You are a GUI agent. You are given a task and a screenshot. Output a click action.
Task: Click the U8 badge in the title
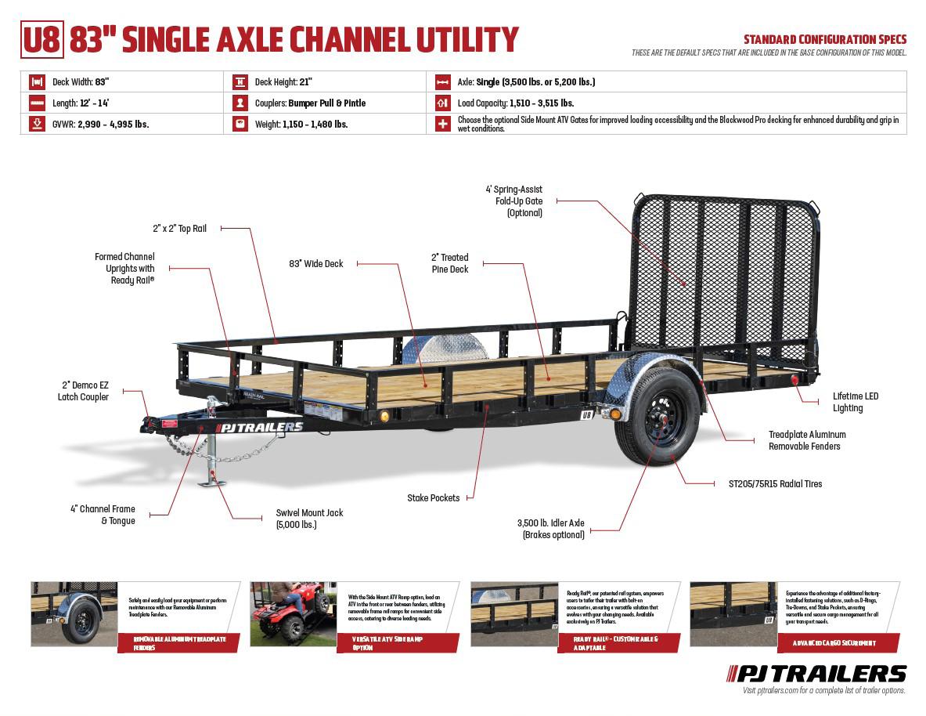coord(41,40)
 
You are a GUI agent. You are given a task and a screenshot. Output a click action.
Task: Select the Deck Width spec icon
coord(36,81)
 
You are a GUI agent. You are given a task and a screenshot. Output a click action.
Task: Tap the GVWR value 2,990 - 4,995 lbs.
coord(113,124)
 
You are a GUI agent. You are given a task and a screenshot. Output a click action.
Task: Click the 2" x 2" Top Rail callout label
coord(179,229)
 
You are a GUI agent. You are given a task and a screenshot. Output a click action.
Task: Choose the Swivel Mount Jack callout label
coord(309,519)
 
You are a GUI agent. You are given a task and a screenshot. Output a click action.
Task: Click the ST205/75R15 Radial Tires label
coord(769,484)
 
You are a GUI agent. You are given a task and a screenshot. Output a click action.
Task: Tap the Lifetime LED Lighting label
coord(855,402)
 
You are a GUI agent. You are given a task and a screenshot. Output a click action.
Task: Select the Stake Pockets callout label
coord(433,498)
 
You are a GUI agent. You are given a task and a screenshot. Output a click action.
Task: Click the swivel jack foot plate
coord(211,482)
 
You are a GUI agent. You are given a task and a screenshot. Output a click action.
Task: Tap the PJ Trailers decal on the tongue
coord(261,427)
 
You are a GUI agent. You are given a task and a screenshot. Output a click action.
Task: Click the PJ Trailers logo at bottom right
coord(817,673)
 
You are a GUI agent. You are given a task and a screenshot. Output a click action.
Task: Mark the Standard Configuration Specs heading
coord(824,39)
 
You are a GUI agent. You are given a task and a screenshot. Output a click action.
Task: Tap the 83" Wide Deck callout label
coord(315,264)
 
